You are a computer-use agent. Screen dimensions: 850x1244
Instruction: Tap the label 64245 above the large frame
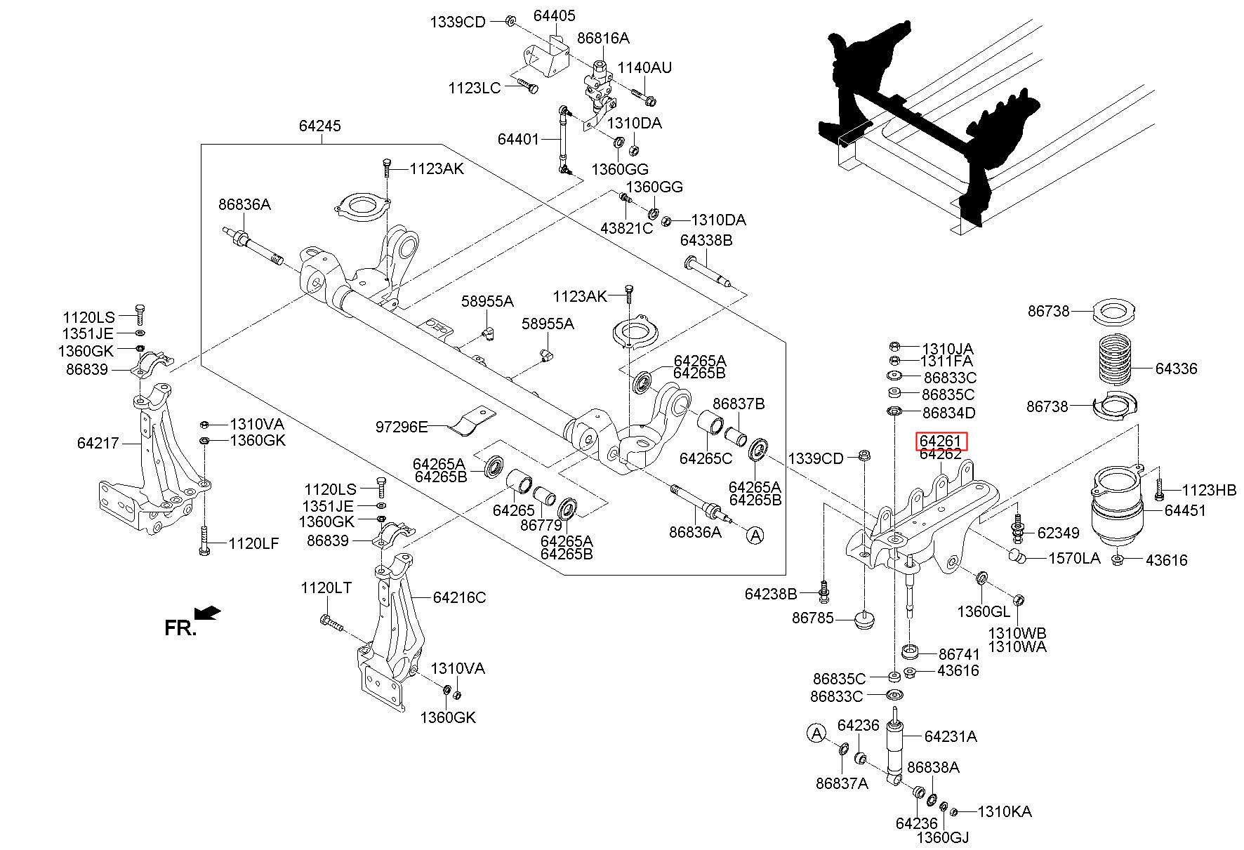click(x=319, y=126)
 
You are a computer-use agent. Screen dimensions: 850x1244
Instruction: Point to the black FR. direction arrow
click(x=209, y=613)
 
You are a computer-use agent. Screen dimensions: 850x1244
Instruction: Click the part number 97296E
click(x=401, y=426)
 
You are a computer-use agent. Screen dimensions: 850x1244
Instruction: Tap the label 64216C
click(x=459, y=598)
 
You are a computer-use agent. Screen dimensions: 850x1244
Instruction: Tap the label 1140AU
click(x=644, y=68)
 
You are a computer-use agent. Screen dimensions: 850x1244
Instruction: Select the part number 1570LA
click(x=1074, y=559)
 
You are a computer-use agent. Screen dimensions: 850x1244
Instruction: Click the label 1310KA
click(x=1004, y=812)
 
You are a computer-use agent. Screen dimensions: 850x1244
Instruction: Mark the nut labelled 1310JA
click(x=894, y=346)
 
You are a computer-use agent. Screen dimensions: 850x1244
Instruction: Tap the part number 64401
click(x=518, y=139)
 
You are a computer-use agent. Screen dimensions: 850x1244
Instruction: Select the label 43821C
click(x=626, y=228)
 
